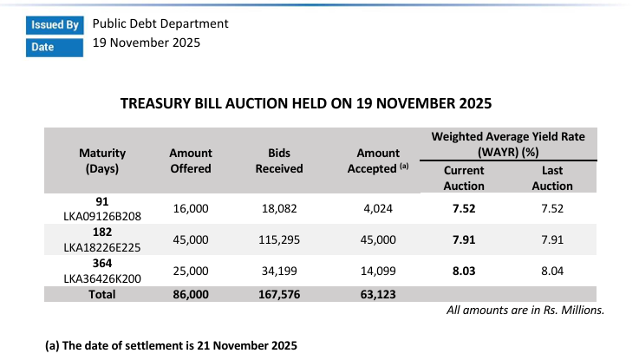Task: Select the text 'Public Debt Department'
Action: click(x=160, y=23)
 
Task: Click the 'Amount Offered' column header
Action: click(x=190, y=160)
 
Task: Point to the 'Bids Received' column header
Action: click(x=278, y=160)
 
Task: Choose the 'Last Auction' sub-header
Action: click(x=552, y=178)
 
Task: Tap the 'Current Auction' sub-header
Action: click(x=463, y=178)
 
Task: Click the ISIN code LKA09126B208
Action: click(x=103, y=215)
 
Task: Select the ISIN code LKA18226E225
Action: click(x=103, y=245)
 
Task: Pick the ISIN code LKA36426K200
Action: click(x=103, y=277)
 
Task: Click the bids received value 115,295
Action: click(x=278, y=239)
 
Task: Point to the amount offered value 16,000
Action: click(x=191, y=208)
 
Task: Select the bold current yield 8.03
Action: click(x=463, y=271)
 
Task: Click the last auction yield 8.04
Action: click(x=552, y=271)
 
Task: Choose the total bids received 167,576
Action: click(x=278, y=295)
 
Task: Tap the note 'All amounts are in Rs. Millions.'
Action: click(x=525, y=310)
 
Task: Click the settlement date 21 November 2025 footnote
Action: click(x=171, y=345)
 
